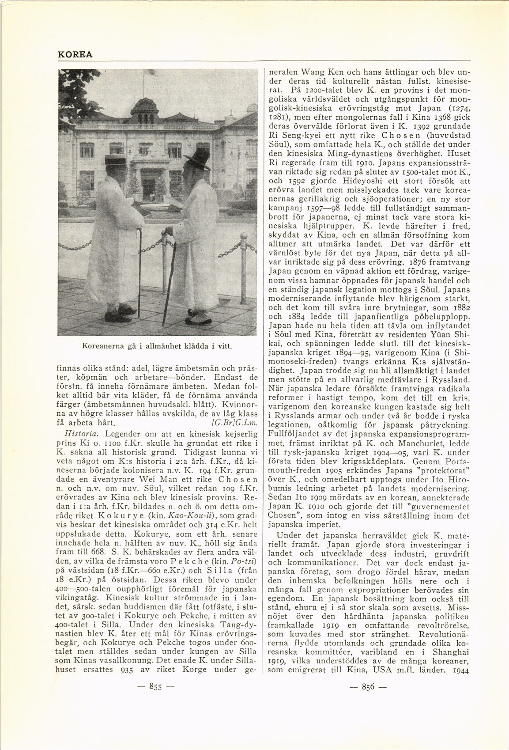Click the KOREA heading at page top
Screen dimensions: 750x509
75,54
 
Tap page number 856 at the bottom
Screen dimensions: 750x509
368,698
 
